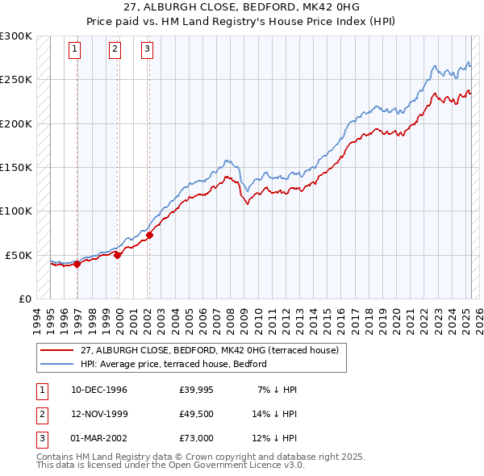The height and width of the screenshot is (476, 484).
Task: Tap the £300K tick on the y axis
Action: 16,36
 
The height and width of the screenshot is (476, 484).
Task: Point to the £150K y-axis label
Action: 16,167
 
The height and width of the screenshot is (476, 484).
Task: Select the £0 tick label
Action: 25,299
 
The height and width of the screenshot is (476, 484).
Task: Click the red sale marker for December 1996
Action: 77,263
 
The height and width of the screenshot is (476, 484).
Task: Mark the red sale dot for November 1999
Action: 118,255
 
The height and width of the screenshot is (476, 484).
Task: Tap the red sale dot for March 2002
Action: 150,235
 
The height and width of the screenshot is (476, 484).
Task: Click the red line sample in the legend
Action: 57,350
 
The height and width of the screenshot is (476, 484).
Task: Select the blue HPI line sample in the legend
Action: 57,364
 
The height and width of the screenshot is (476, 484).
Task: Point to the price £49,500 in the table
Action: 196,414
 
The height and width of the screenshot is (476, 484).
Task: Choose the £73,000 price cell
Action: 196,438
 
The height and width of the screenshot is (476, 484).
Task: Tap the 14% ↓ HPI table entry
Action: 275,414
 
